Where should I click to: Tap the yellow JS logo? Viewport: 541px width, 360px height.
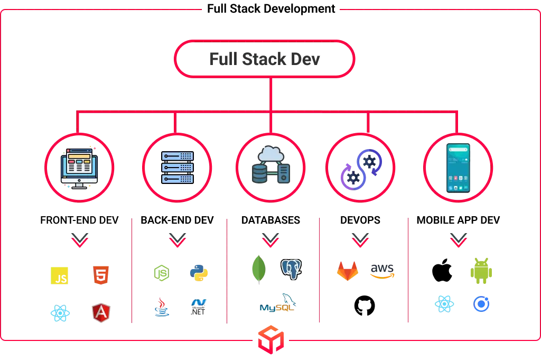[60, 276]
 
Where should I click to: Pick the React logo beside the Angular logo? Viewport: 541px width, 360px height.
[60, 313]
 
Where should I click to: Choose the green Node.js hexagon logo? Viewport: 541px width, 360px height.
[162, 273]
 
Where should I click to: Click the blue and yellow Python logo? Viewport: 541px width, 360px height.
[199, 273]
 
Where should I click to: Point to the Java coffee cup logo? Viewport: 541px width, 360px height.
[162, 307]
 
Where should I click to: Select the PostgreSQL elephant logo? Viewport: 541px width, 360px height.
[292, 269]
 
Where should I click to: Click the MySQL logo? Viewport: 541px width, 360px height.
[278, 303]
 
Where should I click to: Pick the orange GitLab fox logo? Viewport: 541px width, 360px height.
[347, 271]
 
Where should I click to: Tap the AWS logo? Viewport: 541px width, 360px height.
[382, 271]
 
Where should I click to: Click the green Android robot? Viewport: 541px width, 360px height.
[481, 269]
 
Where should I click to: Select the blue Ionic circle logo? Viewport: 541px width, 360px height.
[481, 304]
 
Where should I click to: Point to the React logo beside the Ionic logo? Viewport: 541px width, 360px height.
[444, 304]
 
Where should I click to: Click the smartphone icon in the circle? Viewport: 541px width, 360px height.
[458, 168]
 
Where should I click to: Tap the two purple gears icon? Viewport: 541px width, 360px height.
[360, 168]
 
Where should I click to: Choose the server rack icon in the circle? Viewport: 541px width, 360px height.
[177, 168]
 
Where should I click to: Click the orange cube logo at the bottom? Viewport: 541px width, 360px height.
[270, 339]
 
